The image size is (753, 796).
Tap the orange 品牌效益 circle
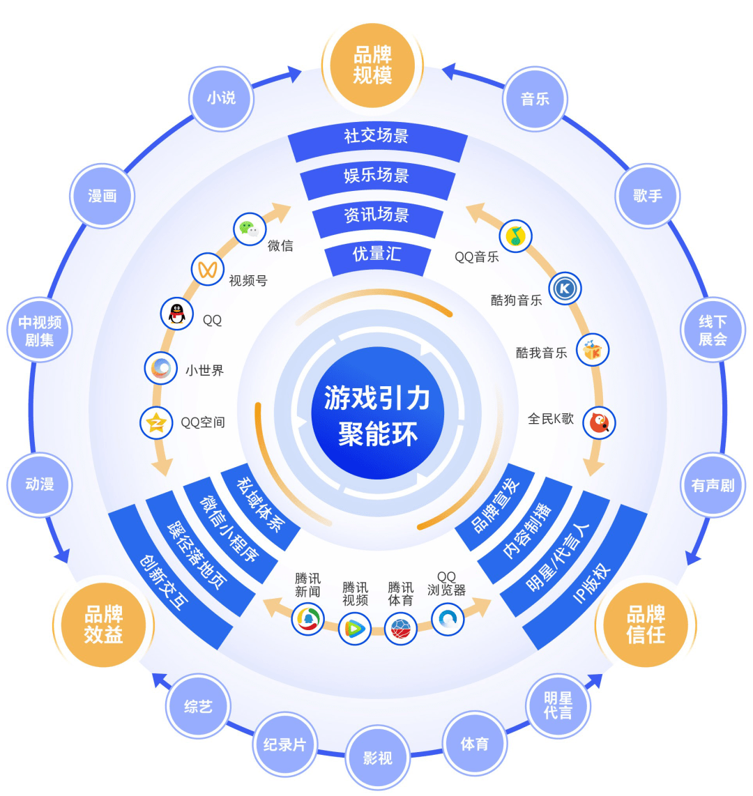[103, 625]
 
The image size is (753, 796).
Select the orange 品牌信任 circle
[645, 625]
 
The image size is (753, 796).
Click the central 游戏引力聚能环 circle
[377, 413]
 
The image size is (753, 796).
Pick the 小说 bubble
[221, 98]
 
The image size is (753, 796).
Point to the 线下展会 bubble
[713, 330]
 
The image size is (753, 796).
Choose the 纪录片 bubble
[284, 744]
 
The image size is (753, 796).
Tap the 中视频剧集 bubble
[40, 330]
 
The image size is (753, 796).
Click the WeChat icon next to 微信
[249, 229]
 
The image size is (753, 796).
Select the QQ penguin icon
[177, 314]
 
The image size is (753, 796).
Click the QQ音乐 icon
[515, 236]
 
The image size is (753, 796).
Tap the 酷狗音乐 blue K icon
[565, 289]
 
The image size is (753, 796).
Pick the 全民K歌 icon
[599, 422]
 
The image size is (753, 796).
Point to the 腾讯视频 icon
[354, 629]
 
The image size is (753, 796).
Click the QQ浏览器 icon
[448, 618]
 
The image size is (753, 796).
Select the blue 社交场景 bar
[376, 136]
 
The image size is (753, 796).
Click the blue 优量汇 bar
[376, 254]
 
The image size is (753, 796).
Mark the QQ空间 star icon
[157, 422]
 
